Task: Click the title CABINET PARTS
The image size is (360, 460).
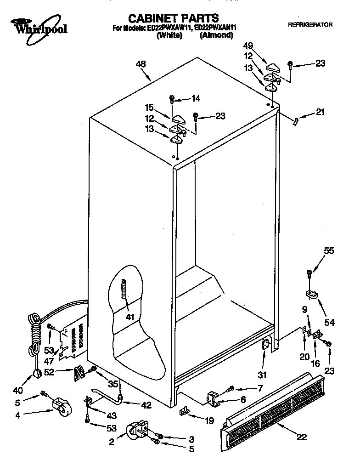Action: click(x=173, y=18)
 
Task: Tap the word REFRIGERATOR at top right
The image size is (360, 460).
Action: click(x=310, y=24)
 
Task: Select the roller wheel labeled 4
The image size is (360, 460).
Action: click(x=62, y=407)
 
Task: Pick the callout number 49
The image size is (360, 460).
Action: click(x=248, y=46)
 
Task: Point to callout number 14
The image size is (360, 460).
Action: click(x=196, y=98)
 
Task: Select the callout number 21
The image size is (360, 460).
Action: click(x=320, y=112)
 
